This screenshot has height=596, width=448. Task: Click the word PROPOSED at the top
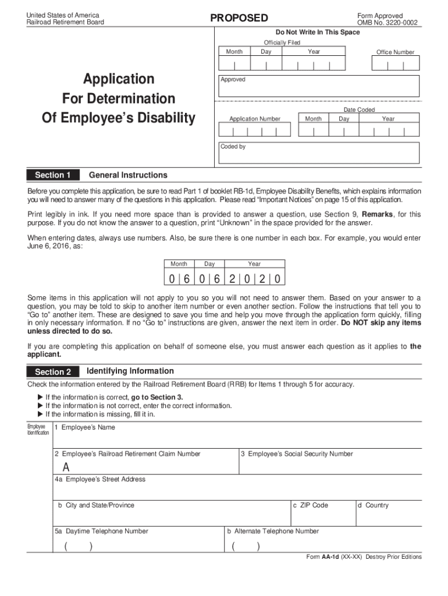[239, 18]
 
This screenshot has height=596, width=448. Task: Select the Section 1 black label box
[53, 175]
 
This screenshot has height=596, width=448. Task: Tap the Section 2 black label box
[53, 372]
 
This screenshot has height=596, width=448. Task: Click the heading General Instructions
[128, 175]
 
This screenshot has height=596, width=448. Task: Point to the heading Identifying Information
[130, 371]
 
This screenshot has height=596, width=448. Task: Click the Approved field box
[318, 86]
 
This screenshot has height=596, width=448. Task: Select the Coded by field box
[318, 152]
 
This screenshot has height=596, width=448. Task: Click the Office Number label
[395, 52]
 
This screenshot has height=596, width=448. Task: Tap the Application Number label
[254, 119]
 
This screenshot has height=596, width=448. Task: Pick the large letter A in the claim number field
[66, 467]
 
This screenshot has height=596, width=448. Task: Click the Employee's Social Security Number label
[297, 454]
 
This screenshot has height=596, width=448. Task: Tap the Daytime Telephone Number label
[102, 531]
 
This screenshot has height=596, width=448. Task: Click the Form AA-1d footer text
[364, 557]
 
